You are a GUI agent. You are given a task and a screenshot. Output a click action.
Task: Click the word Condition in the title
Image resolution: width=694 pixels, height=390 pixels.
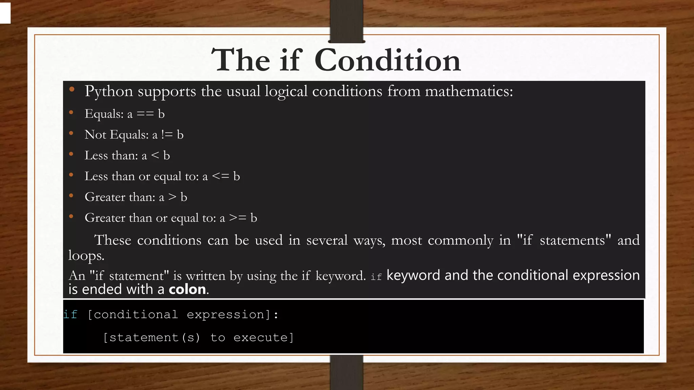click(x=388, y=60)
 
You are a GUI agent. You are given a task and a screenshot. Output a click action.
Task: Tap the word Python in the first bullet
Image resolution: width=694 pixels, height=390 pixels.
click(x=108, y=91)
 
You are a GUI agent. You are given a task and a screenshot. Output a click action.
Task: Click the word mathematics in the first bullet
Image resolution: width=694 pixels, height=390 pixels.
click(x=469, y=91)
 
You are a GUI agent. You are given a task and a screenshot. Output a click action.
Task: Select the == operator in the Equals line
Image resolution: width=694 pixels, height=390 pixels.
click(x=145, y=114)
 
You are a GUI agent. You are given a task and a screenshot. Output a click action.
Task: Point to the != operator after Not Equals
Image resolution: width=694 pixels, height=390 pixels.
click(x=167, y=135)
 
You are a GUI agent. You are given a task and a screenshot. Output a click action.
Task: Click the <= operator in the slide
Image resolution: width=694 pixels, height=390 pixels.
click(x=220, y=176)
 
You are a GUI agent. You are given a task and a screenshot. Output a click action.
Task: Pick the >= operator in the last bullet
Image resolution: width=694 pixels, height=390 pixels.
click(x=238, y=218)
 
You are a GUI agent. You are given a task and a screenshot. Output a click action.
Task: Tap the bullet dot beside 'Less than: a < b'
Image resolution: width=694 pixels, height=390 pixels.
click(x=71, y=154)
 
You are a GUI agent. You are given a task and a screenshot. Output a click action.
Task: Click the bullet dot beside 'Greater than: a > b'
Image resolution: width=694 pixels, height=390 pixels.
click(x=71, y=195)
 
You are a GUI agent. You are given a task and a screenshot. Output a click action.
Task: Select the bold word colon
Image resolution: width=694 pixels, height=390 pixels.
click(x=187, y=289)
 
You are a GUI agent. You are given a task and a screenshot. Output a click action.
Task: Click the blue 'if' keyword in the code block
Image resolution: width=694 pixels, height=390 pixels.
click(x=70, y=315)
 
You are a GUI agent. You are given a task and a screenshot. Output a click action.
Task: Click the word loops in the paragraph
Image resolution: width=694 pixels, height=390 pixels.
click(x=86, y=256)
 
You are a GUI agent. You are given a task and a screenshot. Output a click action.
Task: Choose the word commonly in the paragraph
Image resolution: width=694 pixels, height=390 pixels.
click(x=460, y=240)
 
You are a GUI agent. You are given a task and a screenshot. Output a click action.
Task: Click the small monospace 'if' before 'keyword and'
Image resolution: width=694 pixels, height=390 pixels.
click(x=376, y=277)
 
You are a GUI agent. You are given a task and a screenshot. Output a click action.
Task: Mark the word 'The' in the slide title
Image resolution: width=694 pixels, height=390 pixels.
click(x=240, y=60)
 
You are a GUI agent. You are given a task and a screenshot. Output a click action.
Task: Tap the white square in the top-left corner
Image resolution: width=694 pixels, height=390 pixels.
click(x=5, y=13)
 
